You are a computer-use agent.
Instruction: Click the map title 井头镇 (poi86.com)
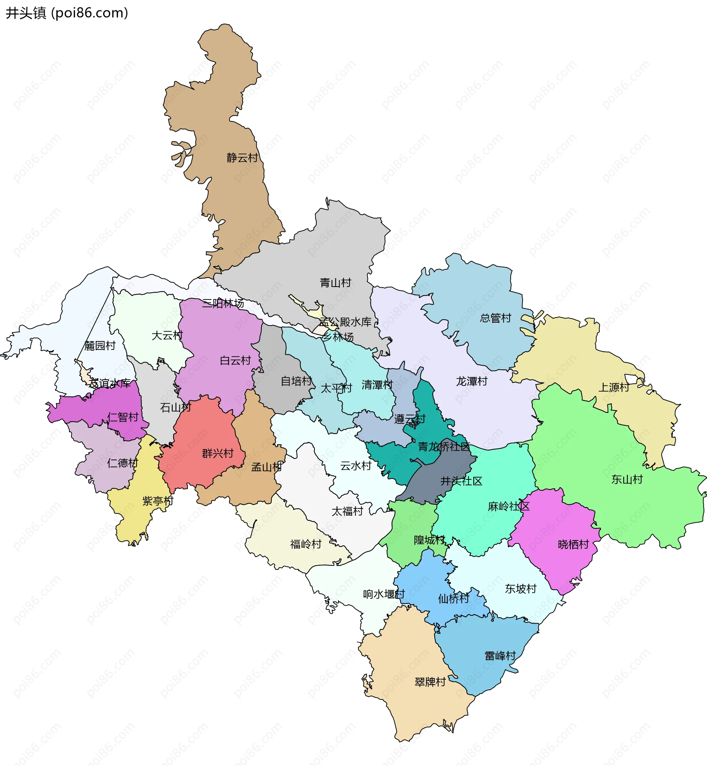67,13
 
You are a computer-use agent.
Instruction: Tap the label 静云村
242,157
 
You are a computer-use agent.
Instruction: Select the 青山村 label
335,283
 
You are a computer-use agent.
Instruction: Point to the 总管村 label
495,318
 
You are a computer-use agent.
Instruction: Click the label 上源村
613,387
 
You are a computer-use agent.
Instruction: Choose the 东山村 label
627,479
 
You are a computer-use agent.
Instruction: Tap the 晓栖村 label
573,544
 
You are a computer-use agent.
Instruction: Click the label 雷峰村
500,656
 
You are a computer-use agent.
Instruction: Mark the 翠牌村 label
430,682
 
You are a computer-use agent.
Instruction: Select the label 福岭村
306,544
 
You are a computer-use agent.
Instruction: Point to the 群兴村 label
218,453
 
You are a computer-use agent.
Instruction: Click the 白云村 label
235,360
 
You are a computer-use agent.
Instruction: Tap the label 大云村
167,336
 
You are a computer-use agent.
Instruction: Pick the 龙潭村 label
472,381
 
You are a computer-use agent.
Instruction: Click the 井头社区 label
461,481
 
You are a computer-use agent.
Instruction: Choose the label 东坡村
521,589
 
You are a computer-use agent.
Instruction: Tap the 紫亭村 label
158,501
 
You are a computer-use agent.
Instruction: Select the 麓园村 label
100,345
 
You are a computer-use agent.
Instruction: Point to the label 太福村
347,511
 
